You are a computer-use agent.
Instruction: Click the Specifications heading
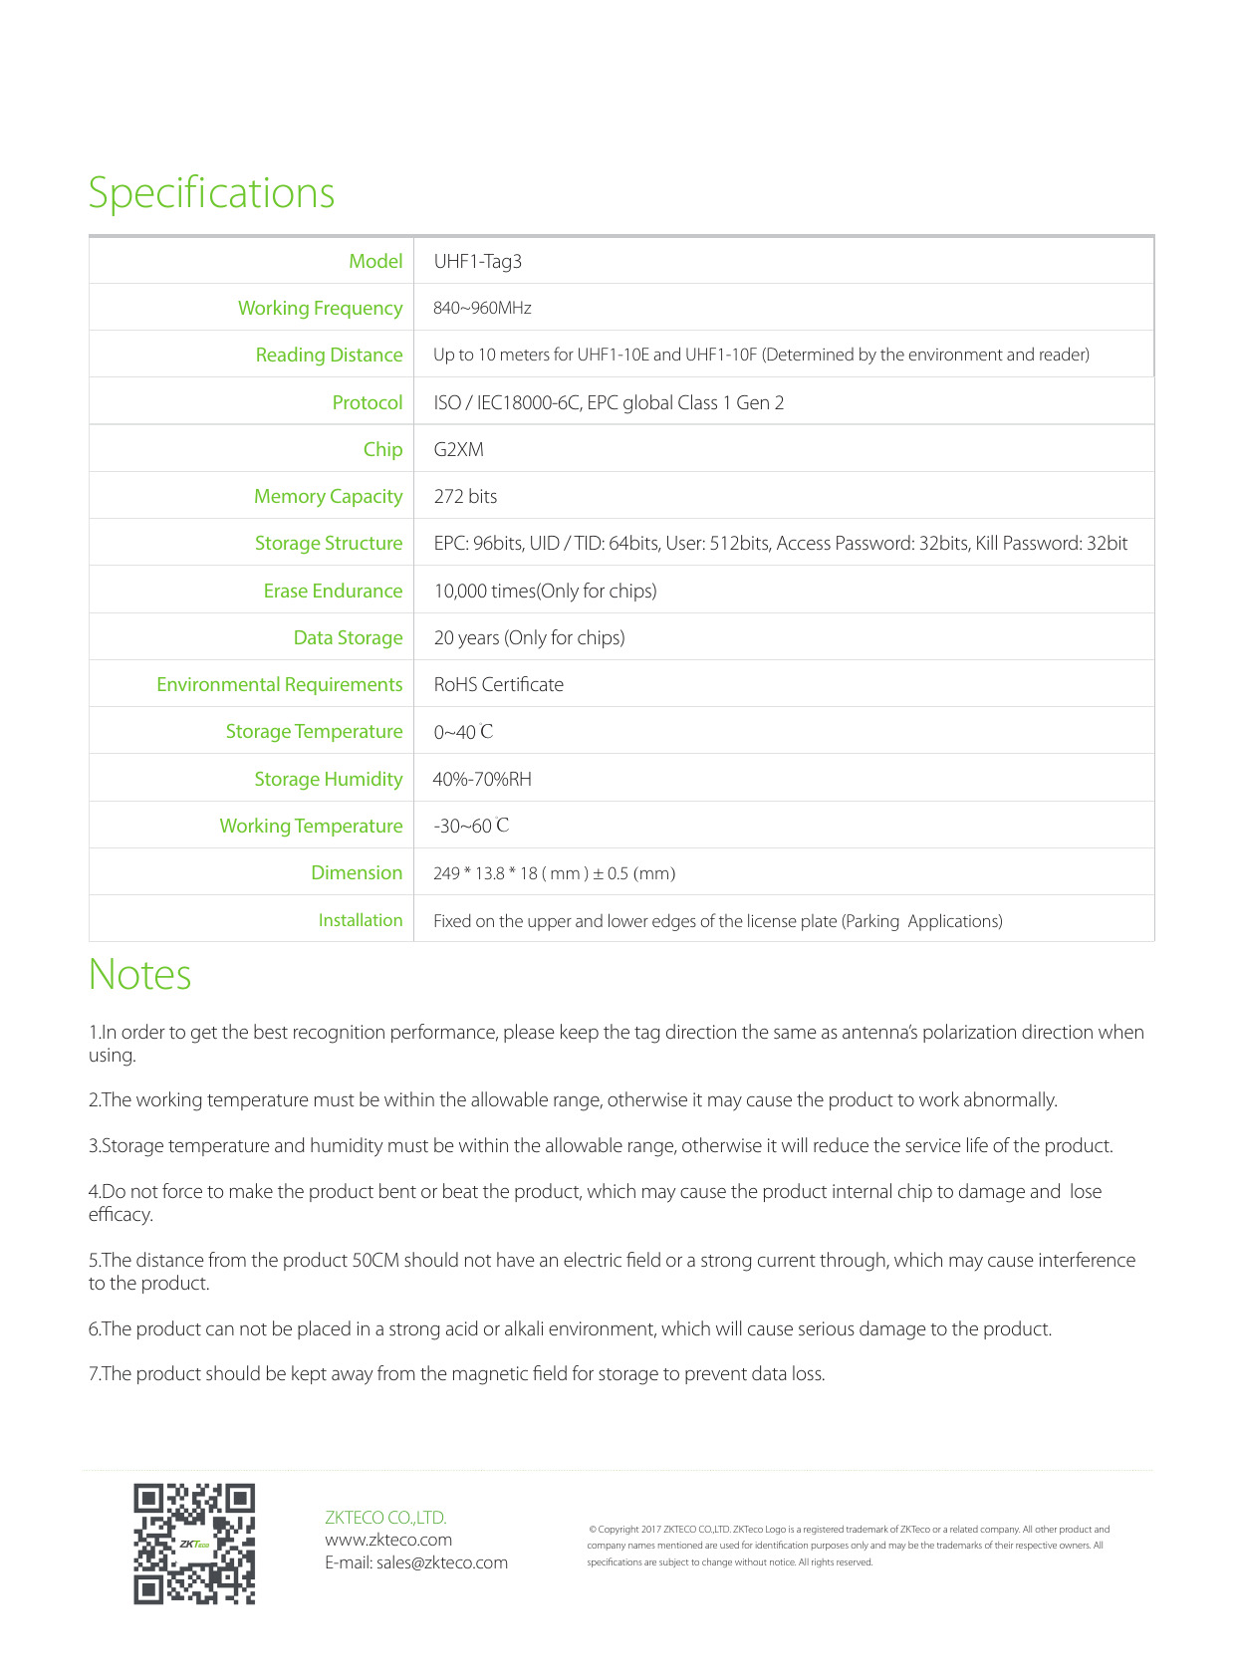[211, 193]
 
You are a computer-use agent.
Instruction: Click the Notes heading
[139, 975]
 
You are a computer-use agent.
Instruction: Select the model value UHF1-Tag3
[478, 262]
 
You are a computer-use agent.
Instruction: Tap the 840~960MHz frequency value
[482, 309]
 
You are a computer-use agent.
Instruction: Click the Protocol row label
[368, 403]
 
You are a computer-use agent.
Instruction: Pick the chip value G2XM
[459, 450]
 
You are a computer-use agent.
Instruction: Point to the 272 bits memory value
[465, 497]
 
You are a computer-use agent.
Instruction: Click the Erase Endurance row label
[333, 592]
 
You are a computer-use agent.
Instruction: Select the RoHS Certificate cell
[499, 685]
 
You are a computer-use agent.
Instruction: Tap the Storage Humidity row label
[329, 780]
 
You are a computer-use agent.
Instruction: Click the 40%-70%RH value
[482, 780]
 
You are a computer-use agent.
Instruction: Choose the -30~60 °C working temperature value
[471, 827]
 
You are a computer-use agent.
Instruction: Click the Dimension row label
[357, 873]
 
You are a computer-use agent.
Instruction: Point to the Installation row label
[361, 921]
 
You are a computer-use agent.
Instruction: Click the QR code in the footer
[194, 1544]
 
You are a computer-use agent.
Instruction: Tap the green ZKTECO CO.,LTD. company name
[385, 1518]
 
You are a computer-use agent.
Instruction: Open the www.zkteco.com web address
[388, 1540]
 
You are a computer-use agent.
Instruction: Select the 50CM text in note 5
[375, 1261]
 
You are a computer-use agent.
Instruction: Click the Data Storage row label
[348, 638]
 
